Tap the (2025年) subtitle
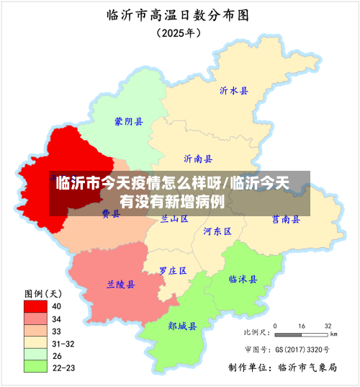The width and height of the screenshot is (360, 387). click(x=179, y=32)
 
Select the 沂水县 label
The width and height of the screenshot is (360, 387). click(x=234, y=91)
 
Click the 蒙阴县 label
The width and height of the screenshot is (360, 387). click(x=129, y=122)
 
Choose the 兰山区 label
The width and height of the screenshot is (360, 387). click(x=174, y=218)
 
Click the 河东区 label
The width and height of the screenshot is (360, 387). click(x=217, y=231)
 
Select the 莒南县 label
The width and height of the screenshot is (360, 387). click(x=286, y=219)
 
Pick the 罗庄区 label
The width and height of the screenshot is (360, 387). click(x=173, y=271)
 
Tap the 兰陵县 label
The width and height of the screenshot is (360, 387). click(x=121, y=285)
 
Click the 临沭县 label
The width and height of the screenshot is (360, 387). click(x=243, y=279)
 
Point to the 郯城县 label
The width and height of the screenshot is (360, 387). click(x=183, y=326)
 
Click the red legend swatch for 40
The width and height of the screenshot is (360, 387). click(x=37, y=305)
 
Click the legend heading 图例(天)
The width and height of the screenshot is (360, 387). click(x=43, y=293)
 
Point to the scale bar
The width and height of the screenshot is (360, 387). click(x=303, y=334)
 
